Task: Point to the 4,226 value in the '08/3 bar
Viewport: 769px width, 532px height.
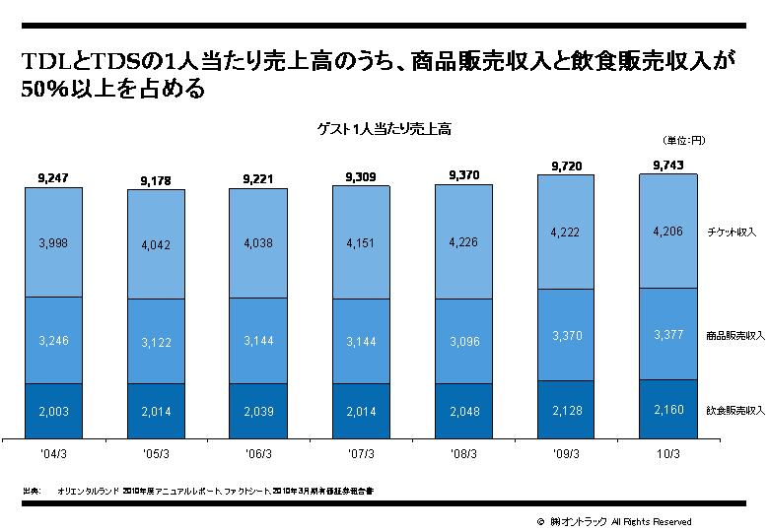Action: point(462,241)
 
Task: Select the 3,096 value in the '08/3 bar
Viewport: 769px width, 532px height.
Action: point(462,341)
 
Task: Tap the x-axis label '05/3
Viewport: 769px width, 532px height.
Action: point(155,454)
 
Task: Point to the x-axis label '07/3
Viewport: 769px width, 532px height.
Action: point(360,454)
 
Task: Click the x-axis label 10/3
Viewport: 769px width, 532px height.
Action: point(667,454)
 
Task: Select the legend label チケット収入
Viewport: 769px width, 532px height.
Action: point(731,233)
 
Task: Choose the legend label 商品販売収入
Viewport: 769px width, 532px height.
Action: point(734,336)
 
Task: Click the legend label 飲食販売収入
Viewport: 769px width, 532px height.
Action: point(734,408)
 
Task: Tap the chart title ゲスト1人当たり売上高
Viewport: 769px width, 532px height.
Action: point(384,129)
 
